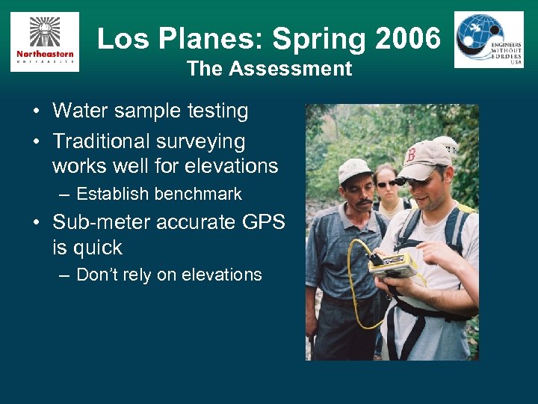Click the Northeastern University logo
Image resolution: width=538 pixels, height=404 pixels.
coord(44,42)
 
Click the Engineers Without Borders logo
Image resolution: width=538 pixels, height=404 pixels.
coord(489,40)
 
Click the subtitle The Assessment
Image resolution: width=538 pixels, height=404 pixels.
coord(269,69)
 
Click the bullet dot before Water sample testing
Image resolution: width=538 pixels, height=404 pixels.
coord(36,112)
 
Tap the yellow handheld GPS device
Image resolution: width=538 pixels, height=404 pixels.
coord(393,264)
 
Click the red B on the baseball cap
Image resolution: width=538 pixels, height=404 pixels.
coord(410,156)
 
